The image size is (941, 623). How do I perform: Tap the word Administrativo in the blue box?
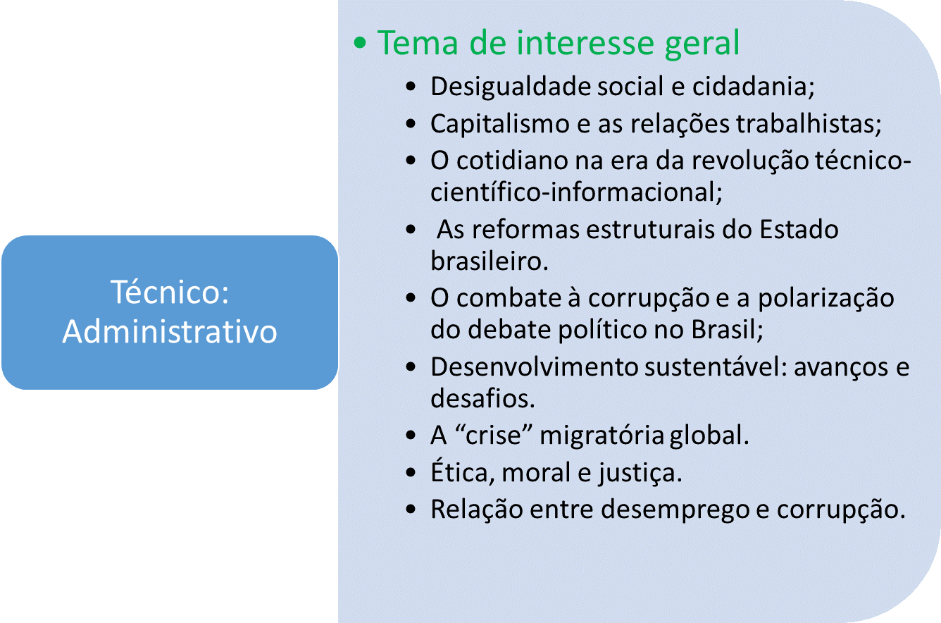170,332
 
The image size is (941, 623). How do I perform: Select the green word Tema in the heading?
418,43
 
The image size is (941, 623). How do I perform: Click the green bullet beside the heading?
360,43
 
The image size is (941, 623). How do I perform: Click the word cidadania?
749,87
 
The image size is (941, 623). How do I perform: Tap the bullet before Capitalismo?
411,123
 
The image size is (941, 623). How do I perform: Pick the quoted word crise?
493,435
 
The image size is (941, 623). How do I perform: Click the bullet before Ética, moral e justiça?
411,472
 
